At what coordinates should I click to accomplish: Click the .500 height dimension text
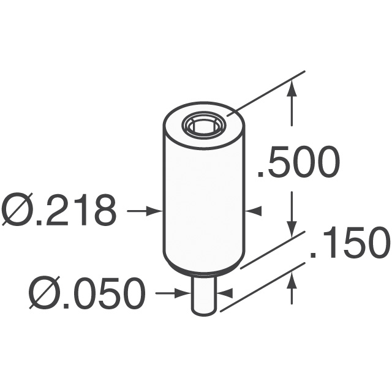[x=298, y=163]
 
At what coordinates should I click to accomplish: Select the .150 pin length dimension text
[x=350, y=244]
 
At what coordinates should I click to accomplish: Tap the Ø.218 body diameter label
[x=59, y=211]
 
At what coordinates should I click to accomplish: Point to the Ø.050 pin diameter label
[x=86, y=294]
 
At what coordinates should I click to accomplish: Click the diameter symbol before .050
[x=43, y=294]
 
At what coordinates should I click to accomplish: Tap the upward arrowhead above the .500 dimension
[x=293, y=89]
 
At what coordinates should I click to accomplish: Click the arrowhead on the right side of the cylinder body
[x=253, y=211]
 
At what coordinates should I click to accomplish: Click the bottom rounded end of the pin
[x=203, y=312]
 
